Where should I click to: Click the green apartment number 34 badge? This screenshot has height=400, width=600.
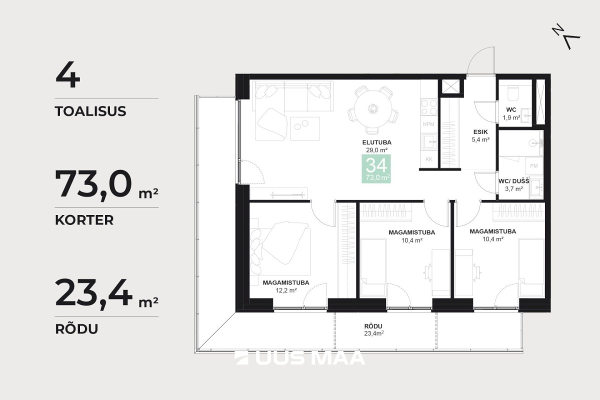[x=376, y=169]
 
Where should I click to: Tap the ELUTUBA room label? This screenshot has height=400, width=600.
[x=377, y=142]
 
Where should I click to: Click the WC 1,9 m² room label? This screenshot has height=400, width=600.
[x=511, y=113]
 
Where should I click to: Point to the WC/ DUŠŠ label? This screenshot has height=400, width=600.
[x=514, y=181]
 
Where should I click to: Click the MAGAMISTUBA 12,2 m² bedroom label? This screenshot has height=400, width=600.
[x=286, y=286]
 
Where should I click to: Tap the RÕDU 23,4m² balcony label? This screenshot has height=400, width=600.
[x=373, y=330]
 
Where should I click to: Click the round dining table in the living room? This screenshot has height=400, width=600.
[x=373, y=109]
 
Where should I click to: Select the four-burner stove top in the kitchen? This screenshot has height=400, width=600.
[x=428, y=107]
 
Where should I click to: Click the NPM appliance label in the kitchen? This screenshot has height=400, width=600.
[x=428, y=124]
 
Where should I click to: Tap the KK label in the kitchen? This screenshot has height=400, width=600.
[x=429, y=159]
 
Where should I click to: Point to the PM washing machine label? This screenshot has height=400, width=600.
[x=533, y=166]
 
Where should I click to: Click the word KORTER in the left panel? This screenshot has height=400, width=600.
[x=84, y=220]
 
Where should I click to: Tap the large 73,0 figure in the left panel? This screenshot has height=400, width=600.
[x=93, y=184]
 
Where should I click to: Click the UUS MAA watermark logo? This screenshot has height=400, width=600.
[x=299, y=357]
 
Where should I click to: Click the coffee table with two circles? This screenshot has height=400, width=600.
[x=305, y=128]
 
